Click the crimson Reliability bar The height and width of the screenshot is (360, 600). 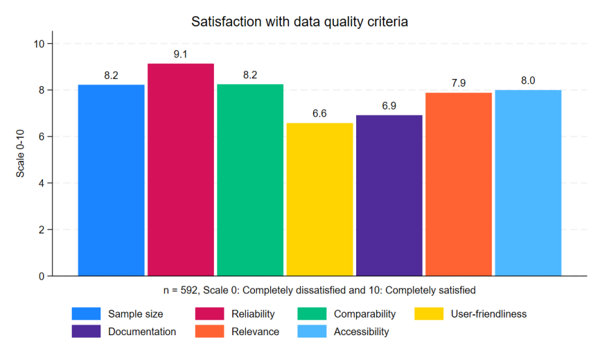click(181, 170)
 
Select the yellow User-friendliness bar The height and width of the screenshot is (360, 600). click(320, 199)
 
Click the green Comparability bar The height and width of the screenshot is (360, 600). click(250, 179)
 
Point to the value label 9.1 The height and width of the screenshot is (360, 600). click(181, 54)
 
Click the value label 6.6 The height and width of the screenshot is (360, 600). click(320, 113)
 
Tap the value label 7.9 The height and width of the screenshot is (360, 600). click(458, 83)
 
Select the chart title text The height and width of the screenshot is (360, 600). click(299, 22)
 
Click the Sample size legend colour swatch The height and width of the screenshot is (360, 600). click(86, 314)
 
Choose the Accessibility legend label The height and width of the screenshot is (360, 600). click(361, 332)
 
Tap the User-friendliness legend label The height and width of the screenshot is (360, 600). click(488, 314)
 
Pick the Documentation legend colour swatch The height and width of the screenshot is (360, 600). click(86, 332)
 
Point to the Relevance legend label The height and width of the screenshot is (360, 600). click(255, 332)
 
